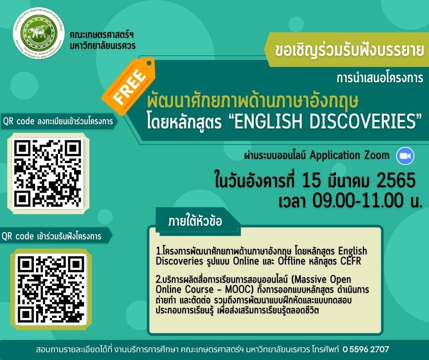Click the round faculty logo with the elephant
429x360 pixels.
(x=39, y=33)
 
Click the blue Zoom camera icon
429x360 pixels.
(x=405, y=156)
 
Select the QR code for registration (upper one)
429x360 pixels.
(x=48, y=174)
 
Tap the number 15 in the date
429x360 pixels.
(x=311, y=180)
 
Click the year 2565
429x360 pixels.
(x=396, y=180)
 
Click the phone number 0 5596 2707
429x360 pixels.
(x=366, y=349)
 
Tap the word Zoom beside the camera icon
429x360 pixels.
(x=377, y=155)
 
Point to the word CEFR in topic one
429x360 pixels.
(x=351, y=261)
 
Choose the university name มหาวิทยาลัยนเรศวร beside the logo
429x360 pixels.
(x=103, y=46)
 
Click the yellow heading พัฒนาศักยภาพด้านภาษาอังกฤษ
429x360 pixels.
(x=252, y=101)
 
